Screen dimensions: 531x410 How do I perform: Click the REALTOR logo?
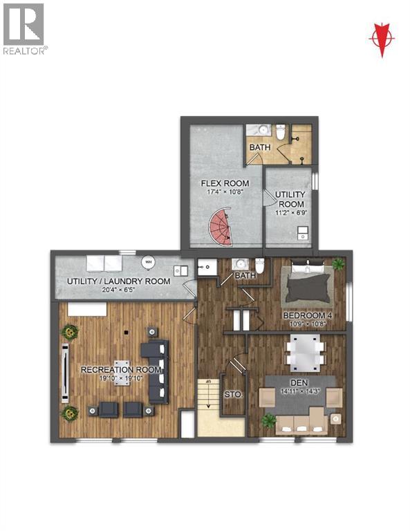pos(24,28)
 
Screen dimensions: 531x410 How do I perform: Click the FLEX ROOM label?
pos(219,183)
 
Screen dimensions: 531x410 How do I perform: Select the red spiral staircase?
pos(221,229)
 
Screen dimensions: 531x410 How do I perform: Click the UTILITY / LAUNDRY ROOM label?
pos(118,281)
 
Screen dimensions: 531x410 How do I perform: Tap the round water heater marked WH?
pos(149,263)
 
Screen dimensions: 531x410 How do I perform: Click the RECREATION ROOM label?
pos(121,369)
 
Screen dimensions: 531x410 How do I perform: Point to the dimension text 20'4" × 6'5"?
pos(118,290)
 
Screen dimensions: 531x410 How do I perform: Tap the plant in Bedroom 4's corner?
pos(337,264)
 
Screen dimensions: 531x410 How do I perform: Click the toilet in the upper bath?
pos(281,131)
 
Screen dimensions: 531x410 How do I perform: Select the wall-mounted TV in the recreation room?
pos(65,372)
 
